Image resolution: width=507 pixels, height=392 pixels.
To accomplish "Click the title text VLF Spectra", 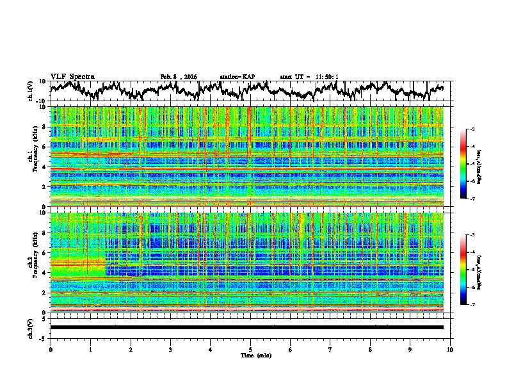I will point(72,77).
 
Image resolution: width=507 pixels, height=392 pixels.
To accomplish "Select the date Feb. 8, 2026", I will point(179,77).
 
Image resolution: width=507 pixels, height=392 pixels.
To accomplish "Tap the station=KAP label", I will point(237,77).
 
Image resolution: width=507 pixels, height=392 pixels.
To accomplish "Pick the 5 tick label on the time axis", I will point(250,349).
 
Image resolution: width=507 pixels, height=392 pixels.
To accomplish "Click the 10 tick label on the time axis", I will point(450,349).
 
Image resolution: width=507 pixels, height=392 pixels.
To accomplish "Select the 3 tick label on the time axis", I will point(170,349).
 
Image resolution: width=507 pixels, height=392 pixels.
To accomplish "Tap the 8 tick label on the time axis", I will point(370,349).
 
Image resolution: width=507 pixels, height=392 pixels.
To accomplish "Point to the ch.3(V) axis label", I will point(31,327).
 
